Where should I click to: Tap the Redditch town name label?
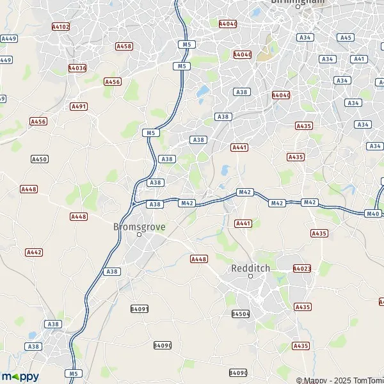(x=250, y=268)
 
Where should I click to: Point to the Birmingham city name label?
(x=298, y=2)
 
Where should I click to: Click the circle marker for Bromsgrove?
(x=139, y=235)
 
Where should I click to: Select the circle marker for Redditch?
(x=250, y=276)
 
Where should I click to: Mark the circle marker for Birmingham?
(x=298, y=7)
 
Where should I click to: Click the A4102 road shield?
(x=61, y=28)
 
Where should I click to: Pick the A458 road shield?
(x=124, y=46)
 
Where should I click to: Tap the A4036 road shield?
(x=77, y=68)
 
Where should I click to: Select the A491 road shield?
(x=79, y=106)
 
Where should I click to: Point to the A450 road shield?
(x=39, y=159)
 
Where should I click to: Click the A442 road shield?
(x=34, y=252)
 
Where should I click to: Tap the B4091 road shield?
(x=140, y=308)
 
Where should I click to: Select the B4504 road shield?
(x=240, y=314)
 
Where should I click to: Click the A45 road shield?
(x=346, y=38)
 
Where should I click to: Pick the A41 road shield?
(x=360, y=59)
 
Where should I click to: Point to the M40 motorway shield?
(x=373, y=213)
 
